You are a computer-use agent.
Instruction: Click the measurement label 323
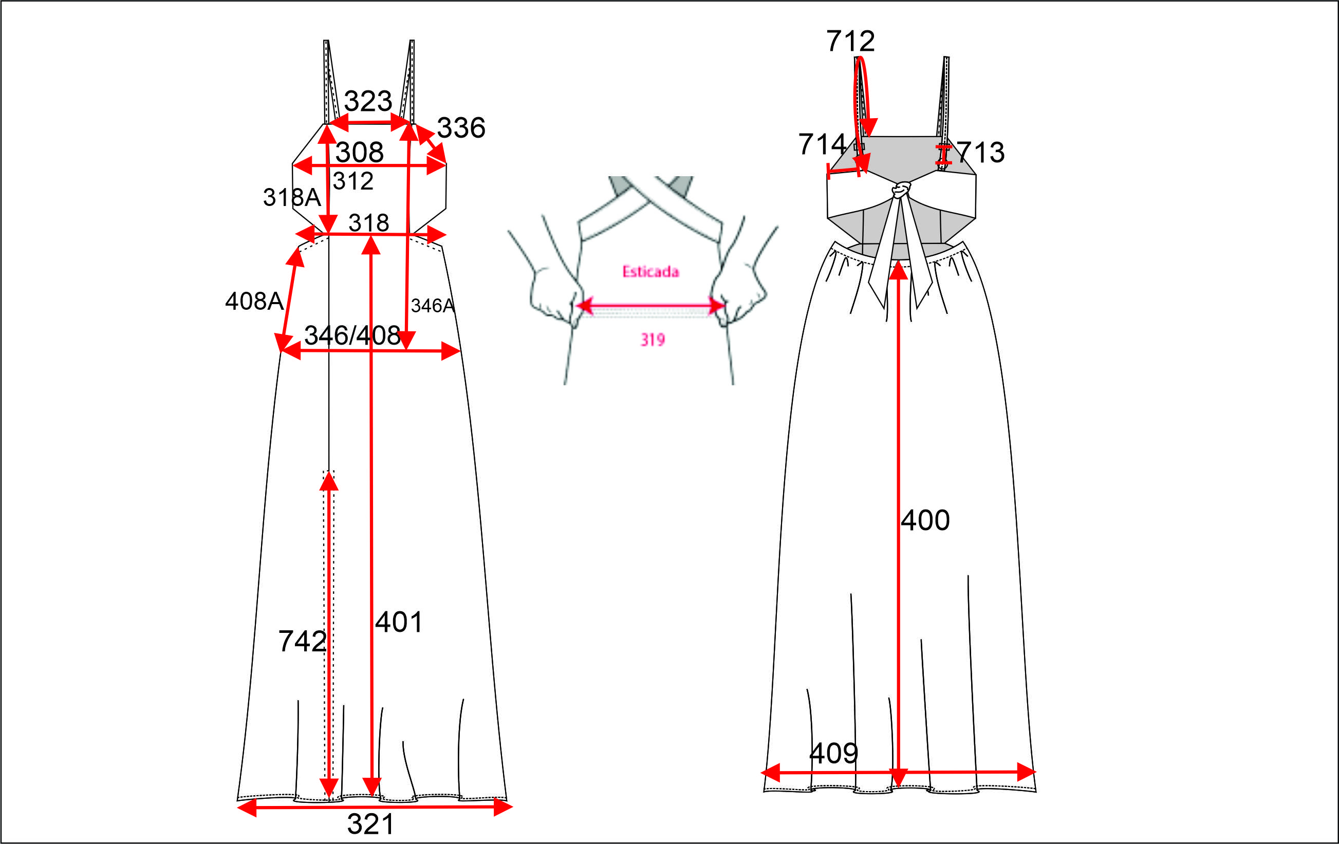point(368,101)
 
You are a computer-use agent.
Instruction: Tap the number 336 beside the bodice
point(461,128)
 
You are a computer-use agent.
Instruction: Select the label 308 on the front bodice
point(359,153)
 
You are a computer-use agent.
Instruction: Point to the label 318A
point(292,197)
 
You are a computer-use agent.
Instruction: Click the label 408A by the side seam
point(255,301)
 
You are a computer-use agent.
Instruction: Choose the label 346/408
point(352,335)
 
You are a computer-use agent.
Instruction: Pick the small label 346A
point(433,305)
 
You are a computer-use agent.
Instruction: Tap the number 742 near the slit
point(302,641)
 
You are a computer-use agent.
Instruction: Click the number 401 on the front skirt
point(399,622)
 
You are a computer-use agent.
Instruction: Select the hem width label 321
point(370,824)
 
